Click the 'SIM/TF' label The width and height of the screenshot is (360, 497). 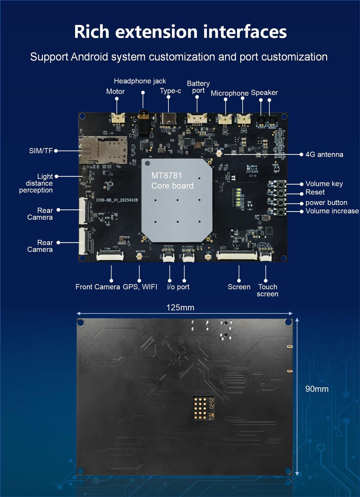(41, 151)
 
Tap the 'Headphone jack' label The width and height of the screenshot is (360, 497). (140, 81)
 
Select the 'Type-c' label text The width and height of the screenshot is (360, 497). (171, 91)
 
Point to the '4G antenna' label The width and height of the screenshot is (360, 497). (324, 155)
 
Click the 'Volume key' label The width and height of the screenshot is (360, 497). (324, 184)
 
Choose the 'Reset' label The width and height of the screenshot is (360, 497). (315, 192)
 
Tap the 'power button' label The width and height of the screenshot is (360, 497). (326, 203)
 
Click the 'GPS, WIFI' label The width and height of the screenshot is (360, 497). (140, 287)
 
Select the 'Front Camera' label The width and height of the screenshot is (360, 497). (98, 287)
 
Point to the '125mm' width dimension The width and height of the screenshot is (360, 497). (180, 308)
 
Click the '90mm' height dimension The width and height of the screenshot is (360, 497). (317, 389)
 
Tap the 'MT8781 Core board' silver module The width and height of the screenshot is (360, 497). (177, 200)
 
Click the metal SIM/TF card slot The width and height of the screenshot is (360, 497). (103, 150)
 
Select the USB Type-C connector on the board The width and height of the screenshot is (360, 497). (168, 119)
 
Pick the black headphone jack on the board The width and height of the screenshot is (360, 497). (143, 121)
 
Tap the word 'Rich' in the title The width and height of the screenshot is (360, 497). (91, 32)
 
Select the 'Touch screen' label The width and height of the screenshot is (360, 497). (268, 290)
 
